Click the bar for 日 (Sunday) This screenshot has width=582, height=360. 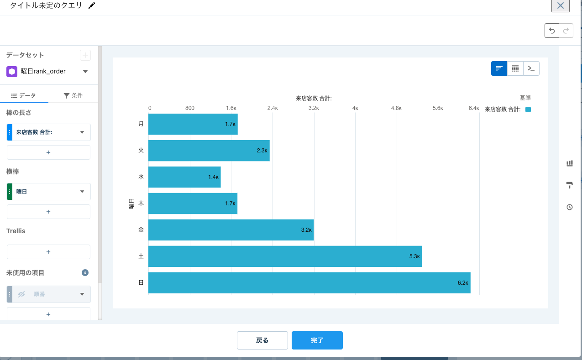309,283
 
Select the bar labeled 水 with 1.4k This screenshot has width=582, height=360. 184,177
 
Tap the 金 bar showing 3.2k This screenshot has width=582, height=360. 231,230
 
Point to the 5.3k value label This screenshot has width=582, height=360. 414,257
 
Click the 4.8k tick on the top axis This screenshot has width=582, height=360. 396,108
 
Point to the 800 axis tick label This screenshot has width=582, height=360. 190,108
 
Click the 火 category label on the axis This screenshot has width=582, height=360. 141,150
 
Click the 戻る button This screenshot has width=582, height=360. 262,340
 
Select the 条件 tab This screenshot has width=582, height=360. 73,95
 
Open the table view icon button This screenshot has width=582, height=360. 515,68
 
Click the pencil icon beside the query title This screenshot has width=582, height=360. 92,6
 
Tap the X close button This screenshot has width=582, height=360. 560,6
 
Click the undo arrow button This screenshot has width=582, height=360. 551,31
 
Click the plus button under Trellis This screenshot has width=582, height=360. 48,252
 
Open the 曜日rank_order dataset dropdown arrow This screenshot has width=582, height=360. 85,72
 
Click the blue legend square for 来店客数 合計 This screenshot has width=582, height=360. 528,110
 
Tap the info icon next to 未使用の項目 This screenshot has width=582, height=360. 85,273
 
